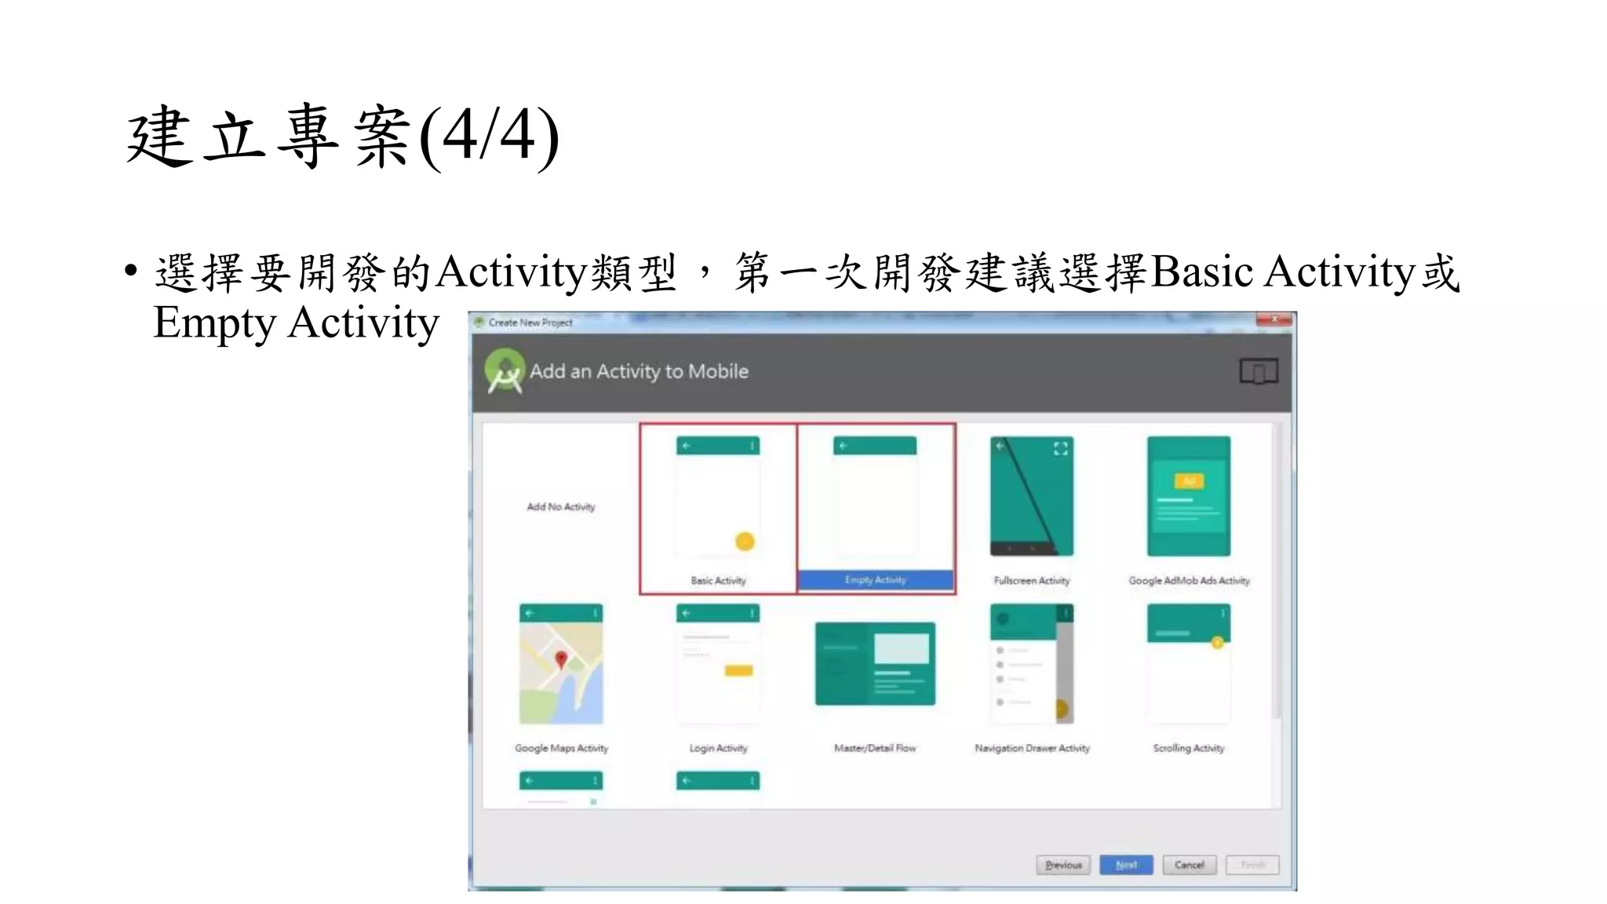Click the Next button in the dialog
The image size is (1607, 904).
click(x=1126, y=865)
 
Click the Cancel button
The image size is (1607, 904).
click(x=1189, y=865)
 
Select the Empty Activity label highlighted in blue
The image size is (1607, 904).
click(x=875, y=580)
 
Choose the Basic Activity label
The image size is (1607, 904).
click(x=718, y=581)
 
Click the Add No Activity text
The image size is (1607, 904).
click(x=561, y=507)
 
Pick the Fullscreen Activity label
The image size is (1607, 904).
click(x=1031, y=581)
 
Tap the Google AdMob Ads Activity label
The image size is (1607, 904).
click(x=1189, y=581)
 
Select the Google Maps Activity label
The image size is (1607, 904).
click(x=561, y=749)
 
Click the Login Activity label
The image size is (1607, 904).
click(x=718, y=749)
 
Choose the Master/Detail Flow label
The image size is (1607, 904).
click(x=875, y=749)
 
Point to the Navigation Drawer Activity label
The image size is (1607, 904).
click(x=1032, y=749)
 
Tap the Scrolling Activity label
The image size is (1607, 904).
click(x=1188, y=749)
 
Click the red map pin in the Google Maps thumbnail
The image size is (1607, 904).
click(x=561, y=659)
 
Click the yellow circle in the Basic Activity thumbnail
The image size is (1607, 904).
click(x=745, y=541)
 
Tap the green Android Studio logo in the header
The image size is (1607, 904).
click(x=505, y=371)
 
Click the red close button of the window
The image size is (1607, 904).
click(x=1274, y=319)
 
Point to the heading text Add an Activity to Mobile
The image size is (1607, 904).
click(x=639, y=371)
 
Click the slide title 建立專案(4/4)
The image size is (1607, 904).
click(x=343, y=137)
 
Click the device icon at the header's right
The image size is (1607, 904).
click(x=1258, y=371)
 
